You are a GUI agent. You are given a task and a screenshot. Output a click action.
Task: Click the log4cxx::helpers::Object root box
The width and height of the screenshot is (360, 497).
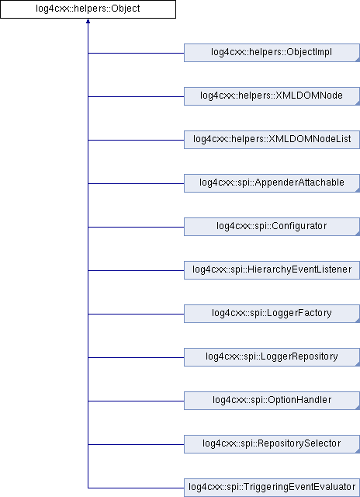(x=88, y=9)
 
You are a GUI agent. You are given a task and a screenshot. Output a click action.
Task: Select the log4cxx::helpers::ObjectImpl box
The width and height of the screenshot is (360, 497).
(x=272, y=53)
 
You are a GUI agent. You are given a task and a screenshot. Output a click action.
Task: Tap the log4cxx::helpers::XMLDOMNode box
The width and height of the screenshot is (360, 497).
(x=272, y=96)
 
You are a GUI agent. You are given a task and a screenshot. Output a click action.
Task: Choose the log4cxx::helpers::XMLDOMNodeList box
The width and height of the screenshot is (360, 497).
(x=272, y=140)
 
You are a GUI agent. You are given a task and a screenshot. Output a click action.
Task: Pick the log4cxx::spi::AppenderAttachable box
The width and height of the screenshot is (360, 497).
(x=272, y=183)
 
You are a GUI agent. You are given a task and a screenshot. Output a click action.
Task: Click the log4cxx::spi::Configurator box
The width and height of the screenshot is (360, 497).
(x=272, y=227)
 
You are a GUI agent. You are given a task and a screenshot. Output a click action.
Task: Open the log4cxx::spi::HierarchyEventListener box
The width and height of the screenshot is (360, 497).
(x=272, y=270)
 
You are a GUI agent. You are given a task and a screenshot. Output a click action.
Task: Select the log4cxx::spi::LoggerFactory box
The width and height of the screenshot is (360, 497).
(x=272, y=314)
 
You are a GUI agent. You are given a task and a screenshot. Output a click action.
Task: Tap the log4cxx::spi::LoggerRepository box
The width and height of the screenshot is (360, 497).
(x=272, y=357)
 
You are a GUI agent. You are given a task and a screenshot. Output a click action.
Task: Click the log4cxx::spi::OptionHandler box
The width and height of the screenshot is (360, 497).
(x=272, y=401)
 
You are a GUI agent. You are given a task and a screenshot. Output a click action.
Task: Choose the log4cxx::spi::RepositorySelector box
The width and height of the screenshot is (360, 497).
(x=272, y=444)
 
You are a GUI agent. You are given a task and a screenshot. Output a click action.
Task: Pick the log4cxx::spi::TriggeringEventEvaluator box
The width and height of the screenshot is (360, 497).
(x=272, y=488)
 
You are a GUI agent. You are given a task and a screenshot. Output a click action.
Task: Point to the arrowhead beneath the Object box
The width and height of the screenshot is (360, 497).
(x=88, y=21)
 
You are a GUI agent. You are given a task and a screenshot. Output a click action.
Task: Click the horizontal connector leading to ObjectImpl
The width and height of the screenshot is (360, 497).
(x=136, y=53)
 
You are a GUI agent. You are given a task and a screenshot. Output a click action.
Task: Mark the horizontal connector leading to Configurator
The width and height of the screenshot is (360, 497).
(x=136, y=227)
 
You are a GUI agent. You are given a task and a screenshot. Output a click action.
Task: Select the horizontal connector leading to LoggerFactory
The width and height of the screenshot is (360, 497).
(x=136, y=314)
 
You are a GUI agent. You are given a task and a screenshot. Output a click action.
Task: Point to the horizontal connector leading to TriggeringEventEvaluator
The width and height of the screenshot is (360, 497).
(x=136, y=488)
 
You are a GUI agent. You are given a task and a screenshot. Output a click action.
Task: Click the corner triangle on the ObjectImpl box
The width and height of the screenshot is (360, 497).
(x=358, y=60)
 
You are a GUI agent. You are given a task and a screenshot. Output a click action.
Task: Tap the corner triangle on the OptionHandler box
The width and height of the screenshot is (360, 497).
(x=358, y=408)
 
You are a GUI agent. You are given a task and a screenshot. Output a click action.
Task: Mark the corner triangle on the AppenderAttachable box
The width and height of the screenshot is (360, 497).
(x=358, y=190)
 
